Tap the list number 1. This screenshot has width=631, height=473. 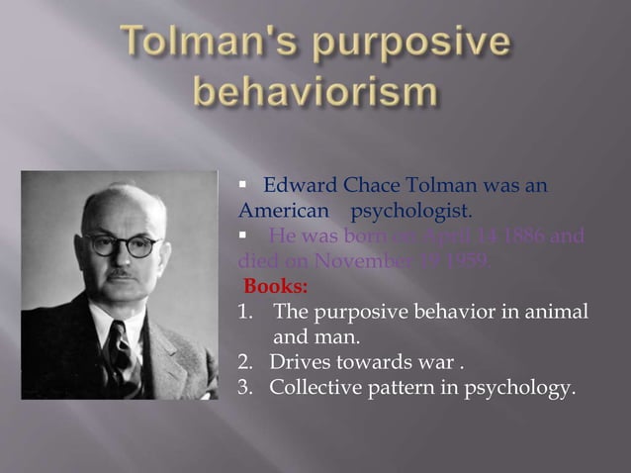(x=244, y=314)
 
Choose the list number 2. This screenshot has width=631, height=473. (x=244, y=363)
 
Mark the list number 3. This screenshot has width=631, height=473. (x=244, y=388)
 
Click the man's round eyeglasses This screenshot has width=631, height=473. (x=123, y=243)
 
